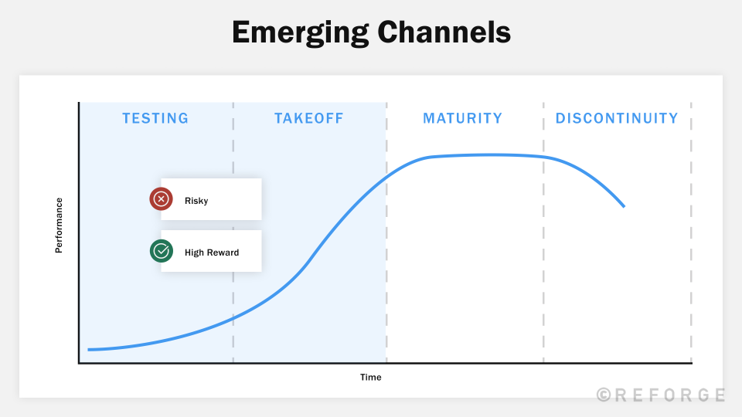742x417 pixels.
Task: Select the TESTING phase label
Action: click(155, 118)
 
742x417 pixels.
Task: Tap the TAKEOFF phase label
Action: click(308, 118)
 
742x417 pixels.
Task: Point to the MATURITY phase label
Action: click(462, 118)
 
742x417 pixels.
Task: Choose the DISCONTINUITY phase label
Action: click(617, 118)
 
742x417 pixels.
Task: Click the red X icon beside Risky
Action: click(161, 199)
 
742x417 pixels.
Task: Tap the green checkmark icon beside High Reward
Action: click(161, 251)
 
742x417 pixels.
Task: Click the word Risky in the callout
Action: click(196, 201)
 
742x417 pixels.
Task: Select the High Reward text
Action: click(212, 253)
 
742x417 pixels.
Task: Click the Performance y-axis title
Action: click(59, 225)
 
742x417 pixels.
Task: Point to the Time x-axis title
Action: click(370, 378)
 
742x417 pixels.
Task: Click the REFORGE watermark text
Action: click(669, 395)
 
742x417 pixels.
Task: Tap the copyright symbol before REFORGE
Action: click(604, 395)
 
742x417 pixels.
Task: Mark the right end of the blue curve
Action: click(623, 206)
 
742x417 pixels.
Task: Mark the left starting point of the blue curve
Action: click(89, 350)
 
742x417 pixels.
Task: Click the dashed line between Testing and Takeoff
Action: click(233, 232)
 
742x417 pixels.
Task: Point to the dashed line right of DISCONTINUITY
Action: click(691, 232)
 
